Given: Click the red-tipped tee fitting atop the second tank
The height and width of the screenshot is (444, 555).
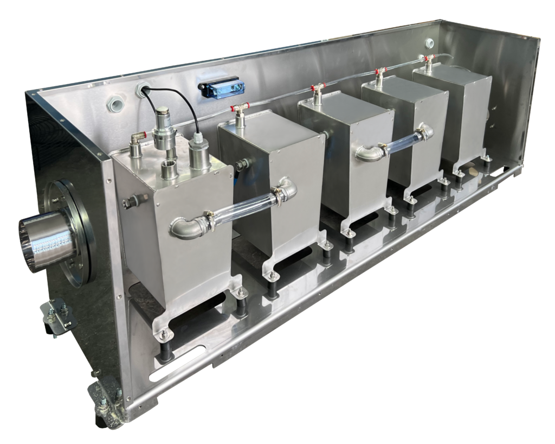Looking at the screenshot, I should [x=240, y=109].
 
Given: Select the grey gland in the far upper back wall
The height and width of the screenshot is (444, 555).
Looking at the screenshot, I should [x=430, y=43].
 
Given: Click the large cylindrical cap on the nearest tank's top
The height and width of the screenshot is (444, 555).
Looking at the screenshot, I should [x=199, y=155].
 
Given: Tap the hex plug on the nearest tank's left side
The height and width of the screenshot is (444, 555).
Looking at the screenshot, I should [x=131, y=202].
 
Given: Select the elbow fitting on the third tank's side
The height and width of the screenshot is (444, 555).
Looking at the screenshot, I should [x=368, y=154].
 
